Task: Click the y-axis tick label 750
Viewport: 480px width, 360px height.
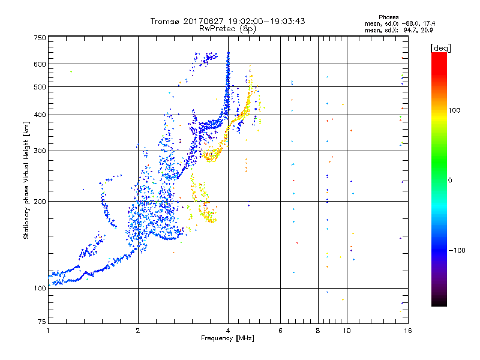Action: pyautogui.click(x=40, y=38)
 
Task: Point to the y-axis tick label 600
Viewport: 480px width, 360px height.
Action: pyautogui.click(x=40, y=64)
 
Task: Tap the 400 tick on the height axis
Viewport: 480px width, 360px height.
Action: pyautogui.click(x=40, y=115)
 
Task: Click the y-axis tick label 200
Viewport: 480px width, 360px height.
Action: pyautogui.click(x=40, y=202)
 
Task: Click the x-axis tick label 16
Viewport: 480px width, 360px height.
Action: pyautogui.click(x=407, y=331)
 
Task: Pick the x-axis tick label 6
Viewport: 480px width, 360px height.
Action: pyautogui.click(x=280, y=331)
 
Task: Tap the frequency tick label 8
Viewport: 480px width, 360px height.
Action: pyautogui.click(x=318, y=331)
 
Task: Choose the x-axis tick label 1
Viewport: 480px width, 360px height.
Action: pyautogui.click(x=48, y=331)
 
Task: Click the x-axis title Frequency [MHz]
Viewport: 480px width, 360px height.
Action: pyautogui.click(x=227, y=339)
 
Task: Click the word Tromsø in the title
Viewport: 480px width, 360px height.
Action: pyautogui.click(x=165, y=21)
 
